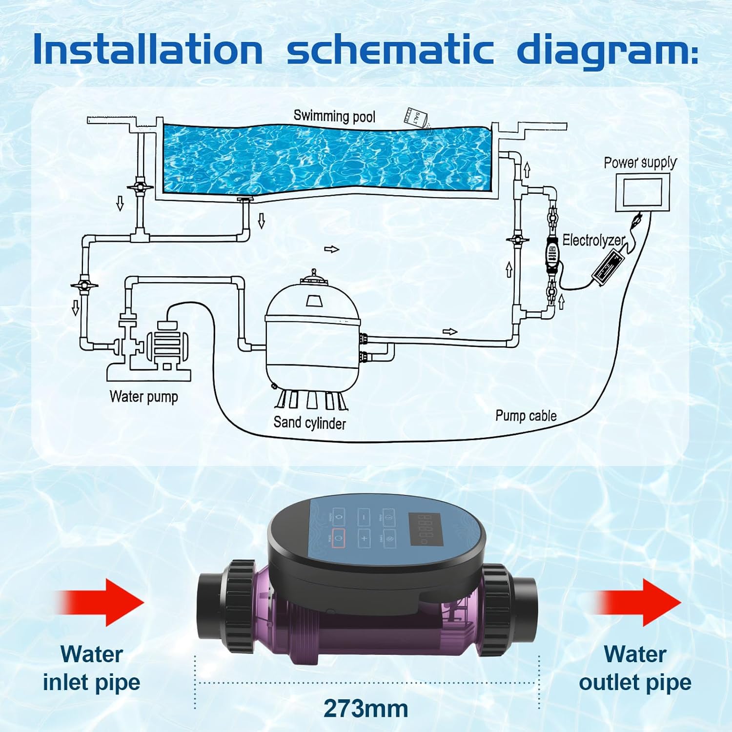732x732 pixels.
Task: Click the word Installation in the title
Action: click(148, 50)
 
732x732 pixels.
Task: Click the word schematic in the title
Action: click(390, 50)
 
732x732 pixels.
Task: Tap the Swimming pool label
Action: click(334, 116)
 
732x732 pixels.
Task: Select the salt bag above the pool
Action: click(415, 117)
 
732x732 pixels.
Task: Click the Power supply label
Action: click(640, 163)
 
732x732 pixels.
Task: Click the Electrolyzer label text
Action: click(593, 240)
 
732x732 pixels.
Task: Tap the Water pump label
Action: click(143, 396)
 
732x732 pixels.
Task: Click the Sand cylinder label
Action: click(309, 422)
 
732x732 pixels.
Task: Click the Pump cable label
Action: click(526, 416)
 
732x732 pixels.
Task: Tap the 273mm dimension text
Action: click(366, 709)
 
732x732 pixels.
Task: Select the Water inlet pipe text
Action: click(91, 668)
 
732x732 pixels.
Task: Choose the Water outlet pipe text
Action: click(635, 668)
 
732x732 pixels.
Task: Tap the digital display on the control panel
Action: click(424, 529)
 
